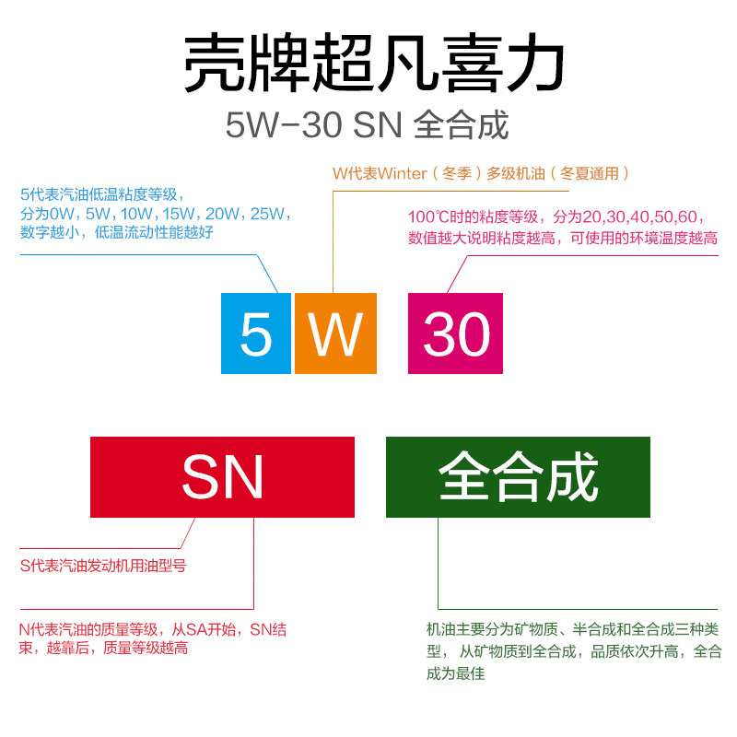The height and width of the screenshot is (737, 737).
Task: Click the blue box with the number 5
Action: [x=256, y=333]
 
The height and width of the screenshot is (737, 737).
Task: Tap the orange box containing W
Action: [x=335, y=333]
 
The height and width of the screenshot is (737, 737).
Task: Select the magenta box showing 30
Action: [x=455, y=333]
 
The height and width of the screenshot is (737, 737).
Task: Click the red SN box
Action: [x=222, y=477]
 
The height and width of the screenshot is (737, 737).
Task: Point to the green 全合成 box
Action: [x=518, y=477]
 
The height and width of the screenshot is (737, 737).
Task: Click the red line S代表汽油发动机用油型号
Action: [x=103, y=566]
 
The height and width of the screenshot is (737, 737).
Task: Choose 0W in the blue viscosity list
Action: [x=61, y=214]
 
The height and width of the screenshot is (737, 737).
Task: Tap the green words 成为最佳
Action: [x=455, y=673]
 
